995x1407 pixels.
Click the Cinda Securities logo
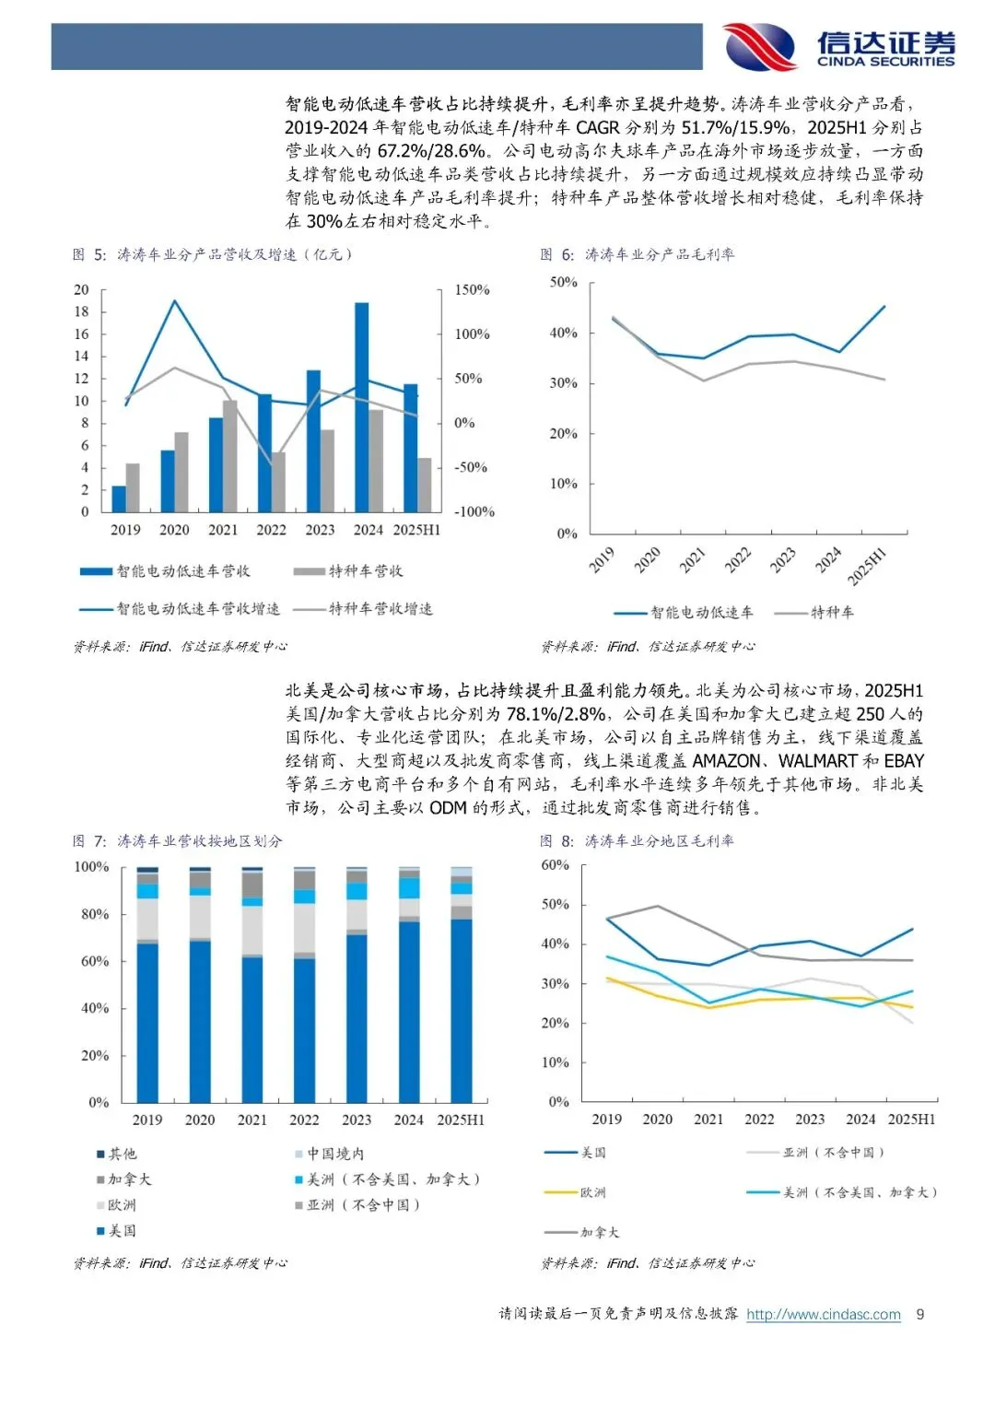click(x=838, y=46)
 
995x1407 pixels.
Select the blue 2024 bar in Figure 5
click(x=362, y=407)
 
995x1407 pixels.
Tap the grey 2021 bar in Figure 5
click(x=229, y=455)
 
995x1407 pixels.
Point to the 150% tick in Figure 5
click(x=472, y=289)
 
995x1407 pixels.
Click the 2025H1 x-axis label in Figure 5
click(x=416, y=530)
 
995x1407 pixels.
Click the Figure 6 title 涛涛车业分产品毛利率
click(x=660, y=254)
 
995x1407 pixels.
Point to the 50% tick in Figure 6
click(x=563, y=282)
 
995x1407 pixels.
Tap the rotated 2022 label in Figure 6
click(x=738, y=559)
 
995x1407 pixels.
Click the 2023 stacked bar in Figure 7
click(x=357, y=985)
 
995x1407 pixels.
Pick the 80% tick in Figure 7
click(x=95, y=914)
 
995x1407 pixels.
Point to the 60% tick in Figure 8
click(x=555, y=865)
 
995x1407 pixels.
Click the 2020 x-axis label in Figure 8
click(x=657, y=1120)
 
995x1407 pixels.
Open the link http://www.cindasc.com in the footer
click(x=824, y=1314)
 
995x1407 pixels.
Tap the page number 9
click(x=919, y=1314)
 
